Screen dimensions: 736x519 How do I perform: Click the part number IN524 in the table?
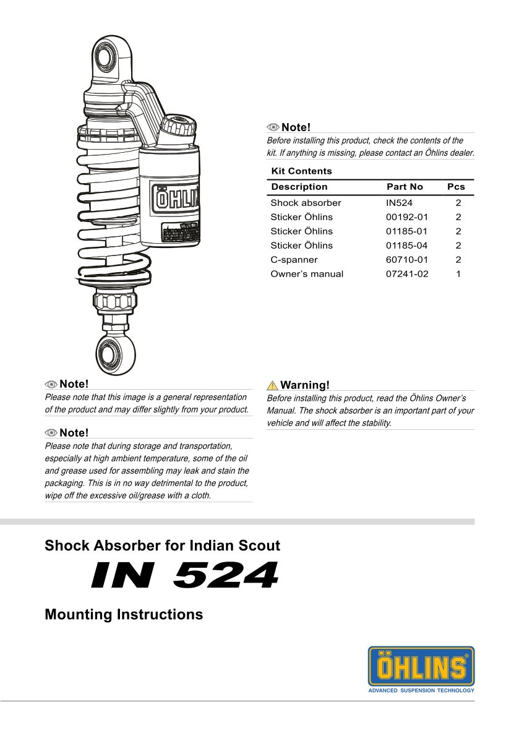399,203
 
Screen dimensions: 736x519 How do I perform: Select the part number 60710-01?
406,260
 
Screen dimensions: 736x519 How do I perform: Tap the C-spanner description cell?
294,260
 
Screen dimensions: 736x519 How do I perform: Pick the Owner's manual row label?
307,274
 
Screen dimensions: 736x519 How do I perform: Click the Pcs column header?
456,187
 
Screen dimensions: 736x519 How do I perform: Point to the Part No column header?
405,187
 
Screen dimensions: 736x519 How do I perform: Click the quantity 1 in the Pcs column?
458,274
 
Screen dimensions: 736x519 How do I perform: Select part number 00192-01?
406,217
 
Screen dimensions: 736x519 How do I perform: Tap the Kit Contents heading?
301,171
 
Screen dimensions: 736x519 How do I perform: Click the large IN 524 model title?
184,576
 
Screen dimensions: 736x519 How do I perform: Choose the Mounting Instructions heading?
124,614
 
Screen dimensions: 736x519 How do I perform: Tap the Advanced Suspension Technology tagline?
421,690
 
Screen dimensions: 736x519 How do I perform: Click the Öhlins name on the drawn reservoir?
178,199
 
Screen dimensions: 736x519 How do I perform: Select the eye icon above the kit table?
273,127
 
